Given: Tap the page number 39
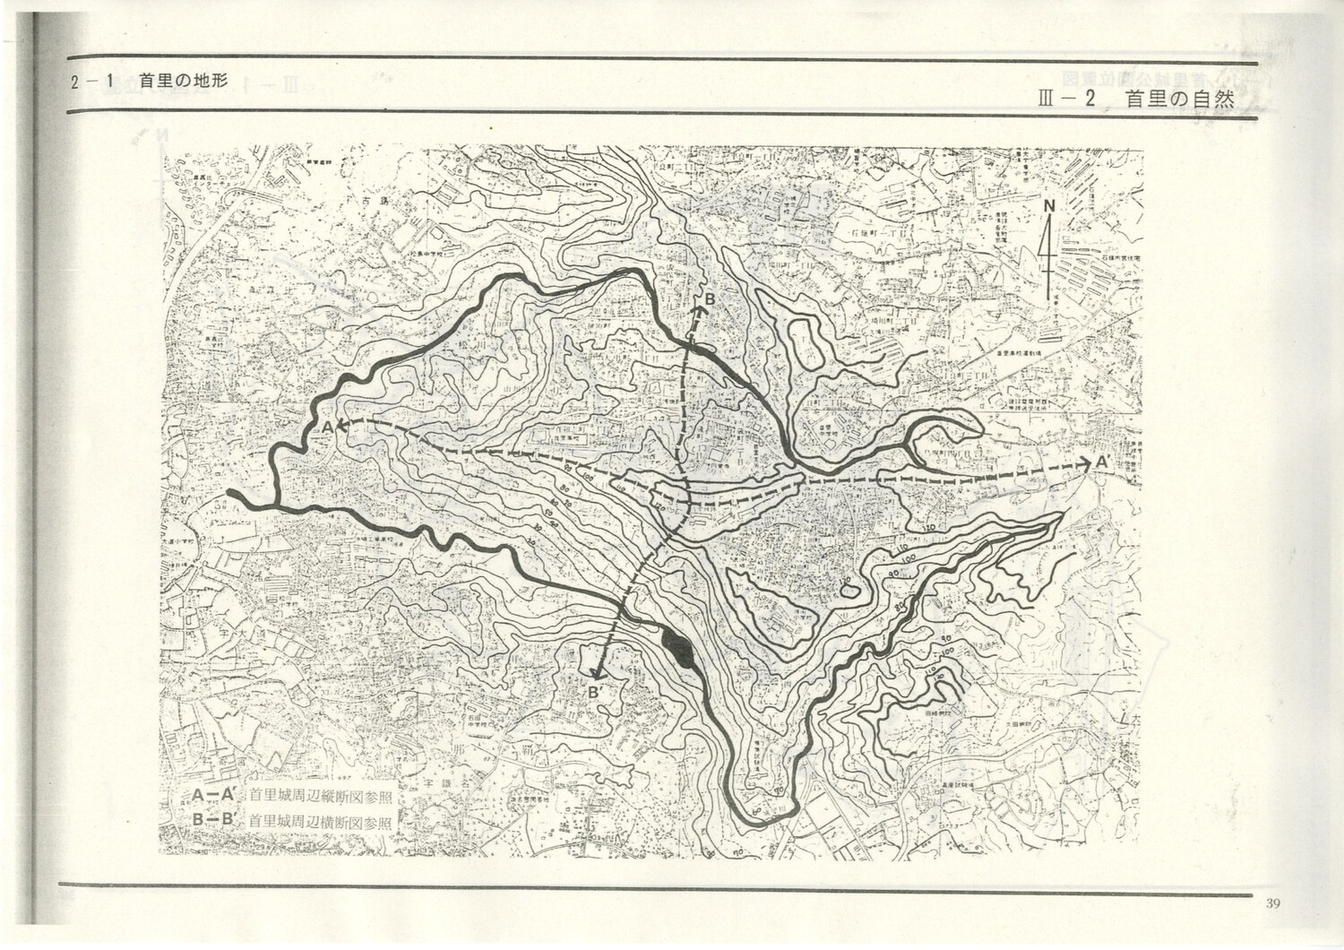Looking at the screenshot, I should tap(1273, 902).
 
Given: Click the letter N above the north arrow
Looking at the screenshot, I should tap(1049, 208).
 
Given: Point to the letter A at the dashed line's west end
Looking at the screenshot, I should tap(328, 428).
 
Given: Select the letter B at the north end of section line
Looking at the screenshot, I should tap(708, 298).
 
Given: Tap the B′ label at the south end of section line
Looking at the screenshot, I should tap(595, 692).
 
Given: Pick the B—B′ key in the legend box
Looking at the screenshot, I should tap(214, 819).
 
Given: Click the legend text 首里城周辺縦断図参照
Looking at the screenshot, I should tap(320, 795).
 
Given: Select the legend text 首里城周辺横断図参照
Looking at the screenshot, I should tap(320, 820).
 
